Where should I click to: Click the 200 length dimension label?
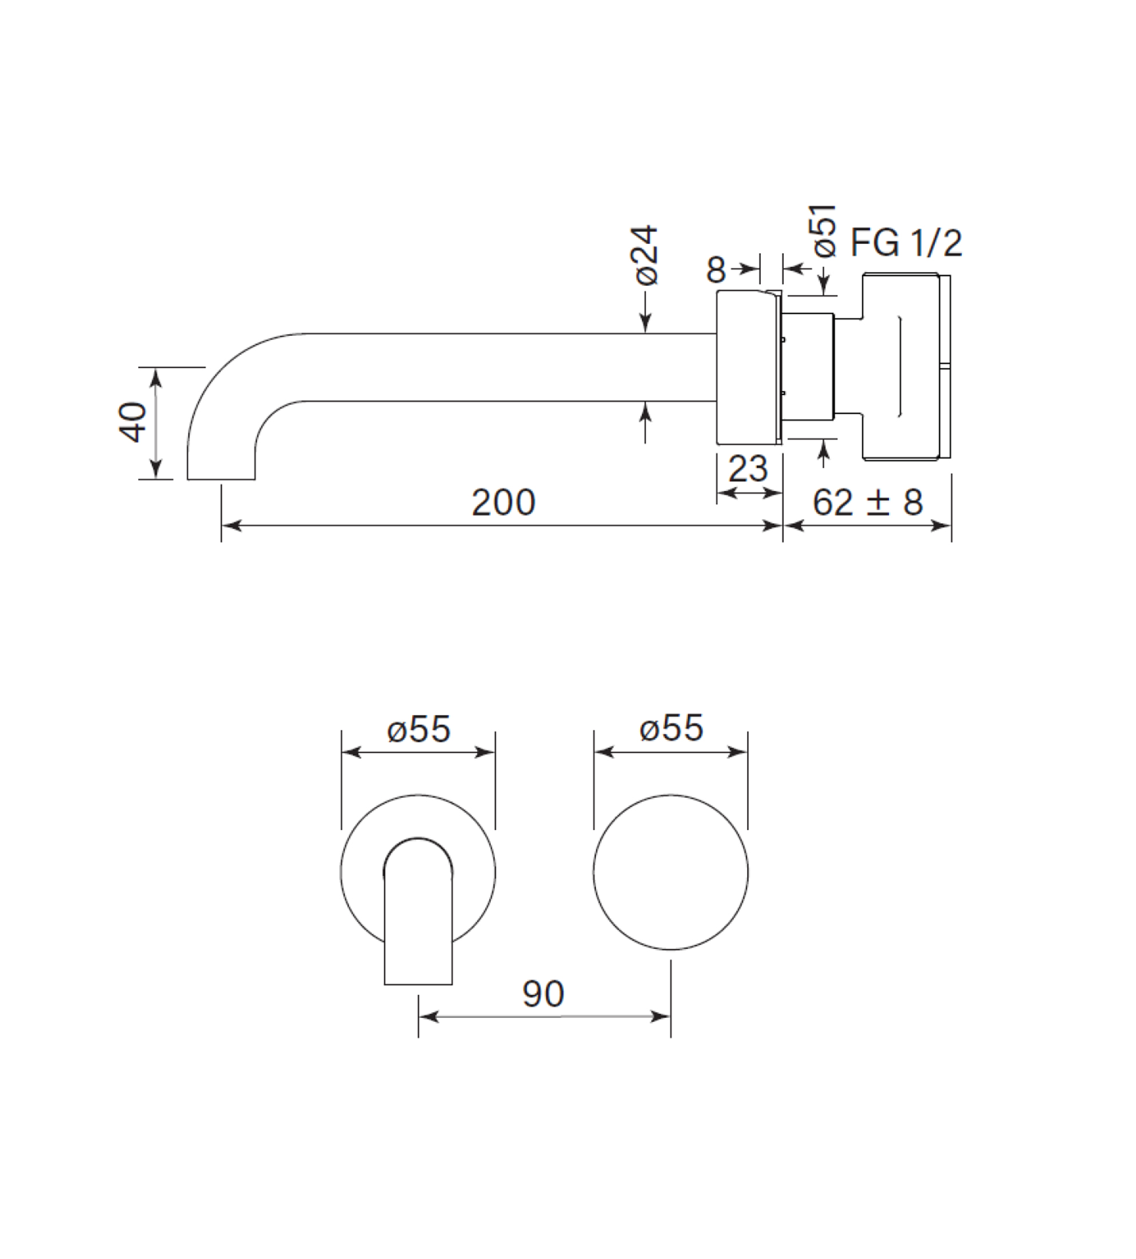(503, 502)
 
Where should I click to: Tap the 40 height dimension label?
(133, 422)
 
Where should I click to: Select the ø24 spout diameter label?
(646, 255)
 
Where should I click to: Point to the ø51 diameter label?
(824, 230)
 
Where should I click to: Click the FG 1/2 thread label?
(906, 243)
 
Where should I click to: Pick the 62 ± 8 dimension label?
(867, 502)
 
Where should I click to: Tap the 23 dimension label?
(748, 469)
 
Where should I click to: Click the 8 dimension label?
(716, 270)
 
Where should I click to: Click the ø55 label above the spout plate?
(418, 729)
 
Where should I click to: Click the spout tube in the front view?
(418, 911)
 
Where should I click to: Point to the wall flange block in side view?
(747, 367)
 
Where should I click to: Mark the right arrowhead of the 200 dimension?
(774, 526)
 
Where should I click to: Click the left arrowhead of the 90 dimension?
(428, 1017)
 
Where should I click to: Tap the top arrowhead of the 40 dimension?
(156, 376)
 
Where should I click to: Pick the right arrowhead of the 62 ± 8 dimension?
(941, 526)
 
